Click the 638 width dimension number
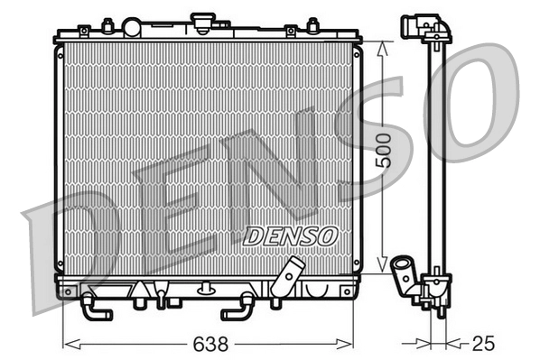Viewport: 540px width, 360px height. pyautogui.click(x=209, y=345)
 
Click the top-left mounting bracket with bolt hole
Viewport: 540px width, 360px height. pyautogui.click(x=83, y=31)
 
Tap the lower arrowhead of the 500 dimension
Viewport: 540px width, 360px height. pyautogui.click(x=383, y=269)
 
